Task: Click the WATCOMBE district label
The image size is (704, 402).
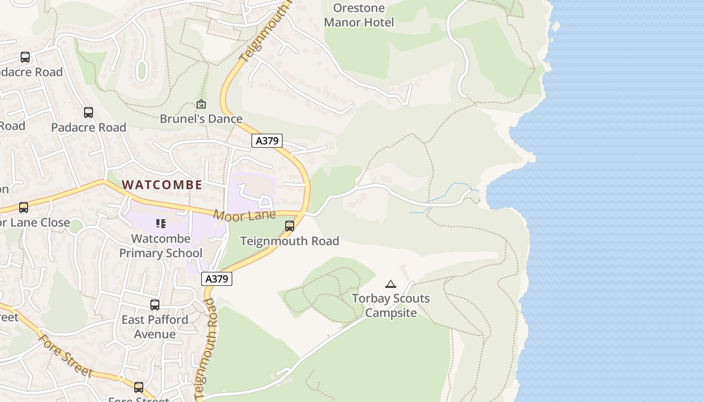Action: coord(162,184)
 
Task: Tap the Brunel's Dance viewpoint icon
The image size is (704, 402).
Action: coord(201,104)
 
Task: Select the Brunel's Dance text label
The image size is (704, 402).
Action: coord(201,119)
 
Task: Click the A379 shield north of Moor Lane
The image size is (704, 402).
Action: coord(267,141)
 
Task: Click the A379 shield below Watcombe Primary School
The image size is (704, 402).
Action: coord(217,278)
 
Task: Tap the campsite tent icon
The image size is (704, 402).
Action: coord(391,284)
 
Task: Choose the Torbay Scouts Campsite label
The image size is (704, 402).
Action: coord(391,306)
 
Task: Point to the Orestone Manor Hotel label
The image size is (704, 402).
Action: coord(359,15)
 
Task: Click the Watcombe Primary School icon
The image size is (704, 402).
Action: coord(161,223)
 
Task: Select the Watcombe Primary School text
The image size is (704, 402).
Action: coord(161,246)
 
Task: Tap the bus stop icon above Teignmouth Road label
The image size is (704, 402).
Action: coord(290,226)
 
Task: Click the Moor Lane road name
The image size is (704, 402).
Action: coord(244,216)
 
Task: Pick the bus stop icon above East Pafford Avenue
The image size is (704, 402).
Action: coord(155,305)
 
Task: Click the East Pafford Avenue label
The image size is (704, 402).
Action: coord(155,327)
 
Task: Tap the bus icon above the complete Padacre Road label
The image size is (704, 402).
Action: coord(89,113)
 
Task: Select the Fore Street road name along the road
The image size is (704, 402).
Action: coord(65,356)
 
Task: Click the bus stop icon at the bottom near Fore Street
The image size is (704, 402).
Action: coord(139,387)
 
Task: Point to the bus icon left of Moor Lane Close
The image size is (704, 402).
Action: coord(23,207)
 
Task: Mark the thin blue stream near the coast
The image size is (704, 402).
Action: coord(448,193)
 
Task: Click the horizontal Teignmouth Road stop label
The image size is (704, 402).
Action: coord(290,241)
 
